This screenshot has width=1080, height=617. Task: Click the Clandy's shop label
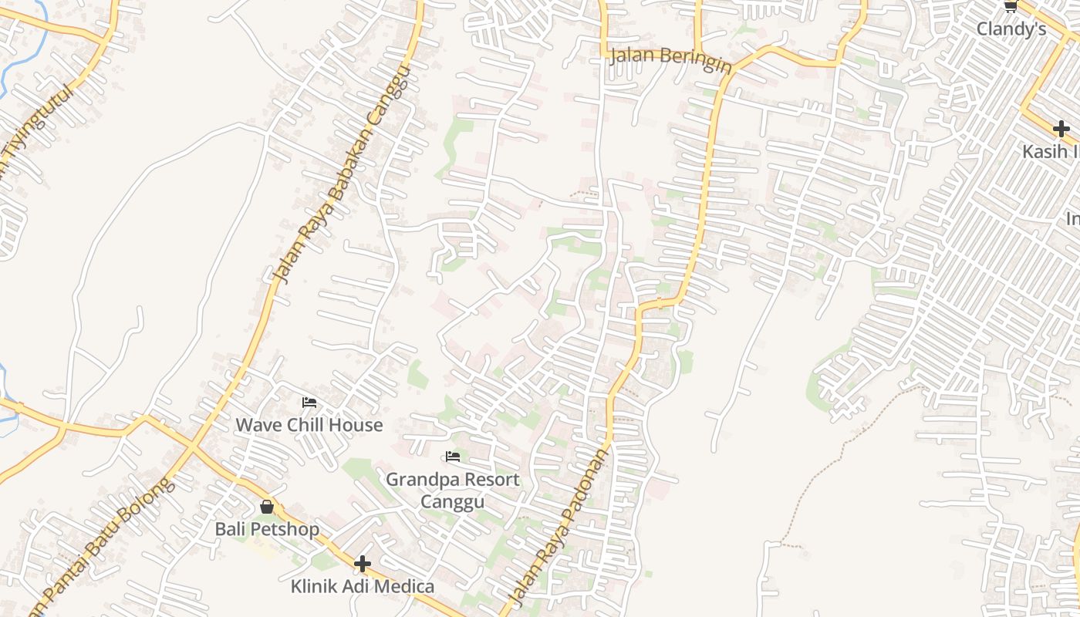coord(1011,29)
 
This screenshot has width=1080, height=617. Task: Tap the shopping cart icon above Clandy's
coord(1010,6)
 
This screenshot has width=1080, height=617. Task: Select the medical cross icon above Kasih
coord(1061,128)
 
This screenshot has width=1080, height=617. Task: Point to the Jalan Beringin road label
coord(670,60)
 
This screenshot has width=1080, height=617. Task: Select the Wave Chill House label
coord(309,425)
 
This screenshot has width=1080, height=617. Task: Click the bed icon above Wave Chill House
coord(309,403)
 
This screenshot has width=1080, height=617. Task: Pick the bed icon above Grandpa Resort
coord(453,457)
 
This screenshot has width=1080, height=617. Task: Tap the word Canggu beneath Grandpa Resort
coord(452,502)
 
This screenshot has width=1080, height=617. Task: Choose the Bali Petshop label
coord(266,529)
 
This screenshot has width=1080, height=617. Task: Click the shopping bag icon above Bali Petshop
coord(267,507)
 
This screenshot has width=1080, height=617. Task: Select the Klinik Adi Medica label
coord(362,586)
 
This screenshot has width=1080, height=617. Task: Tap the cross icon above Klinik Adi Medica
coord(362,564)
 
